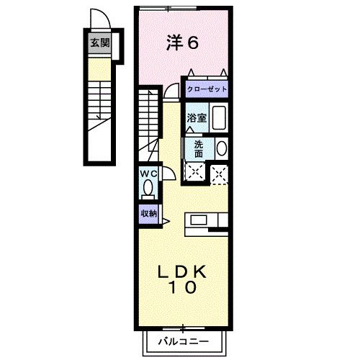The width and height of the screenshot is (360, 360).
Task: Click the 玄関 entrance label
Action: [99, 42]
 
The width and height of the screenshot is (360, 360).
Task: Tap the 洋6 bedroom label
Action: [182, 42]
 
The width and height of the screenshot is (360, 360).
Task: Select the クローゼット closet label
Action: [207, 89]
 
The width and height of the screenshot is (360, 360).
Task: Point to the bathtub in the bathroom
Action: [219, 117]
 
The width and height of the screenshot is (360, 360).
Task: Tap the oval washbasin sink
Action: [221, 148]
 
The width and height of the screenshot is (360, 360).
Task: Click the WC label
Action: [148, 174]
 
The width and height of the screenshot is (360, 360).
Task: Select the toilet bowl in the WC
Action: [148, 188]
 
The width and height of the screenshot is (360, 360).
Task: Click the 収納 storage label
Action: [148, 213]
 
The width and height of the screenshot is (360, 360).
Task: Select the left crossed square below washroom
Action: [194, 171]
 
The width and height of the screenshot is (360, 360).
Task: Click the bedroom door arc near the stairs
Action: [171, 90]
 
